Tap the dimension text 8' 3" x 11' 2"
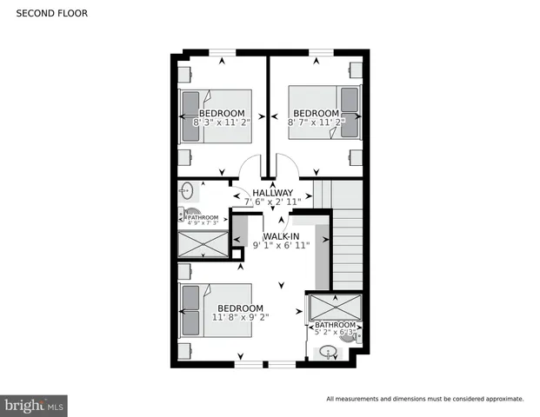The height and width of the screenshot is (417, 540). tap(221, 123)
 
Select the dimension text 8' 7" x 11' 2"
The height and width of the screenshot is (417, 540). tap(317, 123)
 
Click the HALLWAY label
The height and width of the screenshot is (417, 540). tap(273, 193)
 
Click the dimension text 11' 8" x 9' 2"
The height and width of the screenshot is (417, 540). tap(240, 318)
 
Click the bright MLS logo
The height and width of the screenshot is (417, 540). tap(35, 404)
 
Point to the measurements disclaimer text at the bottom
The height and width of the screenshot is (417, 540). tap(424, 399)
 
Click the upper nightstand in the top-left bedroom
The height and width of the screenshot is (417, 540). tap(185, 71)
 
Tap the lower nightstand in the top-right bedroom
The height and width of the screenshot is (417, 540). tap(356, 156)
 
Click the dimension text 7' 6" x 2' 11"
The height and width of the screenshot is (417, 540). tap(273, 202)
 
